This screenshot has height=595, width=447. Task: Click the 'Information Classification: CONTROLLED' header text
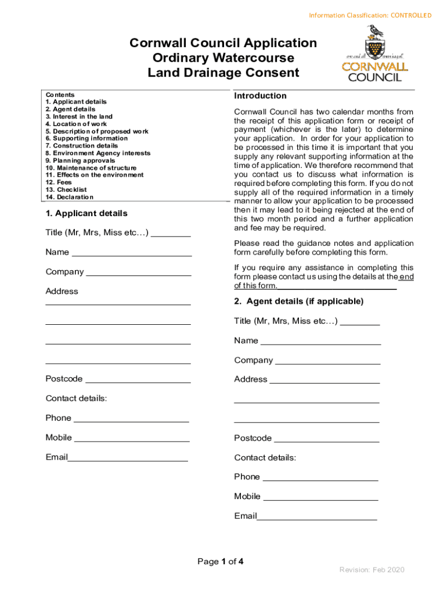pos(370,15)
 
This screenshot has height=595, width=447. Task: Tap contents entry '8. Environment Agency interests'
pos(98,153)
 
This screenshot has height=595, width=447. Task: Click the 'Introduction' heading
pos(260,96)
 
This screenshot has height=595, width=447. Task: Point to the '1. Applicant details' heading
pos(86,214)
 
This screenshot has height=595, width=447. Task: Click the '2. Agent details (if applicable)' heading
pos(299,302)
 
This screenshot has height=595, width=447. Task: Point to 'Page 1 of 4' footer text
pos(221,562)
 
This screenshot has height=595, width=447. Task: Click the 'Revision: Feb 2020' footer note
pos(372,570)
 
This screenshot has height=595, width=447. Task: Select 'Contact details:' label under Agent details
pos(265,458)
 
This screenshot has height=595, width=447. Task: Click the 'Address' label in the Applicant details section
pos(62,292)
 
